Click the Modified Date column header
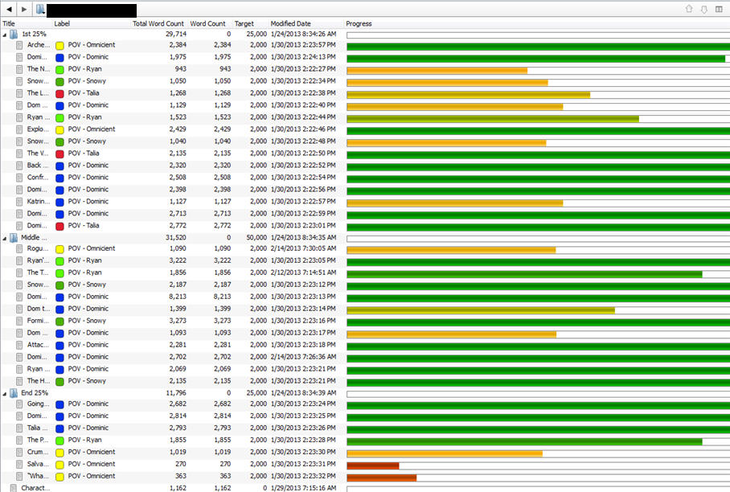[291, 24]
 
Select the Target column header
[244, 24]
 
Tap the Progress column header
[359, 24]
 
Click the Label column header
[62, 24]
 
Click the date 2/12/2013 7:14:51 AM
[303, 273]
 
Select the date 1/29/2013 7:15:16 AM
[303, 488]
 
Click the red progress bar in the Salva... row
[372, 465]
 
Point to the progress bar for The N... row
[437, 70]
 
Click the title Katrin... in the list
[38, 202]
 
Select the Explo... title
[38, 129]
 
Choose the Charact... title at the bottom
[35, 488]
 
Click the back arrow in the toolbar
[7, 10]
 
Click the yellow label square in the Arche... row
[59, 46]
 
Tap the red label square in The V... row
[59, 154]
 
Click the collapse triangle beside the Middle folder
[5, 238]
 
